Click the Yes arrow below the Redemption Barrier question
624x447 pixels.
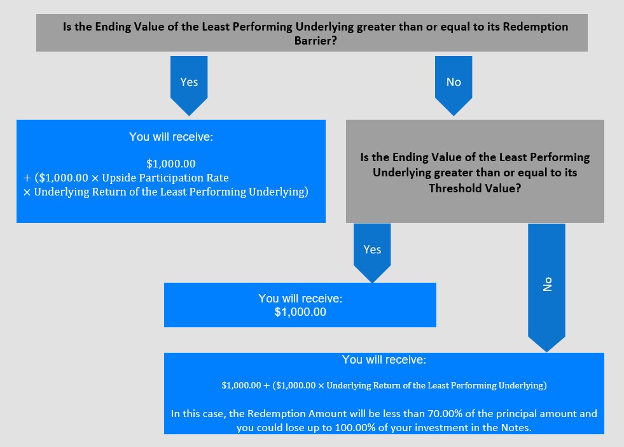[x=189, y=86]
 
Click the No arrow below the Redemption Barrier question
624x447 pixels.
[x=454, y=86]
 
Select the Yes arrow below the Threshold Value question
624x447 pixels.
[x=372, y=253]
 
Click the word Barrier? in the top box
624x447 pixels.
[x=315, y=41]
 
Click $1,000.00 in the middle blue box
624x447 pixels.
[x=300, y=312]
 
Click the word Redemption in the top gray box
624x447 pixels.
[x=535, y=27]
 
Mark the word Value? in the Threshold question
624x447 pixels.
[x=503, y=188]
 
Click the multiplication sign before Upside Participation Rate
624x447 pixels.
[x=95, y=178]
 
